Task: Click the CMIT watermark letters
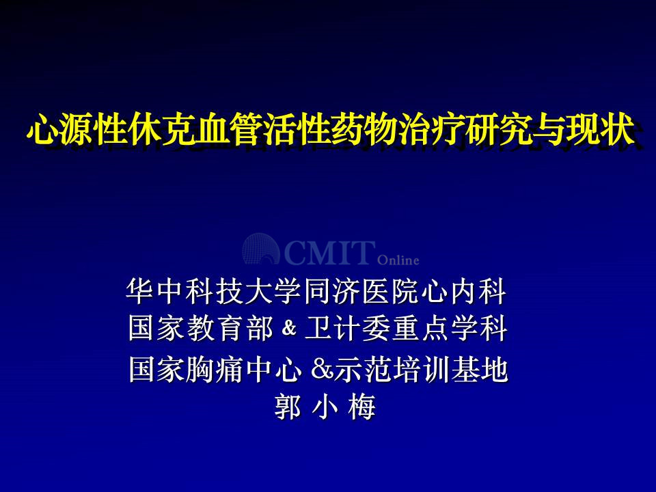[329, 252]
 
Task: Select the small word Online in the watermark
[398, 260]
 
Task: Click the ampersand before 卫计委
[288, 327]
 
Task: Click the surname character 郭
[288, 406]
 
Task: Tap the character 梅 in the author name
[361, 406]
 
